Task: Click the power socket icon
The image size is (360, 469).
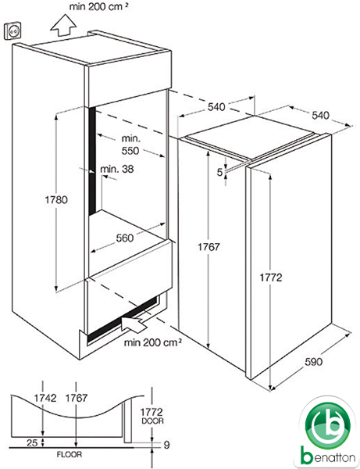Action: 12,30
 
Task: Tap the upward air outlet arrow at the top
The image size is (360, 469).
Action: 63,26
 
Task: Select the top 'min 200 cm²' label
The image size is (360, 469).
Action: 99,6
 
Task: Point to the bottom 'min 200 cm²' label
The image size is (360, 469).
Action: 152,342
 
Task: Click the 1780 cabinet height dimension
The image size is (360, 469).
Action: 56,199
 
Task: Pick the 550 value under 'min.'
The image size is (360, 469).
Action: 130,151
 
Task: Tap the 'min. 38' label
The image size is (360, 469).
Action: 117,169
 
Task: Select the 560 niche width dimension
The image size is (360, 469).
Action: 125,238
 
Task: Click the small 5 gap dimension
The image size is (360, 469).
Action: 219,172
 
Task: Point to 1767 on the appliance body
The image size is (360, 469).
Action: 209,247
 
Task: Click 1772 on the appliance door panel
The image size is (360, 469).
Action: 271,277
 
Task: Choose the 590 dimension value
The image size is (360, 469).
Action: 313,362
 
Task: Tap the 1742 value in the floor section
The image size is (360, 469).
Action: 45,398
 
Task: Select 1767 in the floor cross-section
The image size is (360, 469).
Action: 77,398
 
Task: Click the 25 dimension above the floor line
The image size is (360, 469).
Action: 32,442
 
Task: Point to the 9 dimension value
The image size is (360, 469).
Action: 166,445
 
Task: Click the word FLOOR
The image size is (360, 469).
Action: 70,455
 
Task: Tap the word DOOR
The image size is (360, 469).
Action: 152,421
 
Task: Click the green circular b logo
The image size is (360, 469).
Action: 327,426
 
